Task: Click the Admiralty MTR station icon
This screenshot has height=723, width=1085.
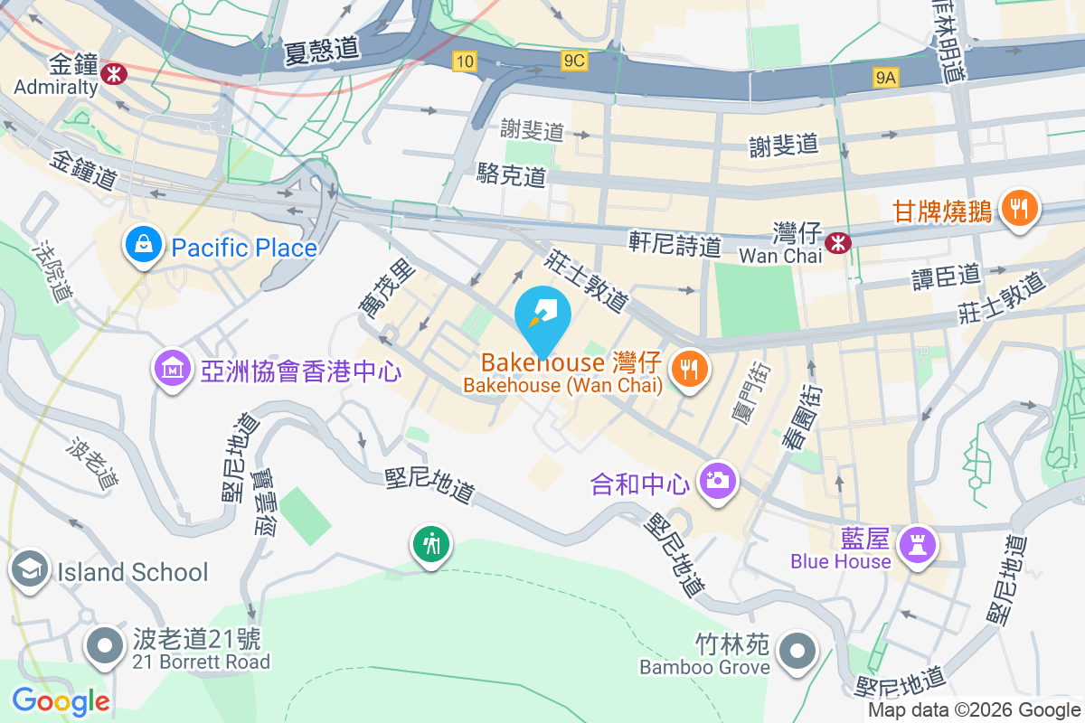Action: pos(115,73)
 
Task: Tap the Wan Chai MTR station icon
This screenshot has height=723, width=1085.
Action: pos(837,241)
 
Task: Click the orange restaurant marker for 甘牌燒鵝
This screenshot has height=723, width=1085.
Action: pos(1019,210)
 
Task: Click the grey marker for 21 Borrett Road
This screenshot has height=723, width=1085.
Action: pos(106,646)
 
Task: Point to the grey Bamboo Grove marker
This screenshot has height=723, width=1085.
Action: pos(797,651)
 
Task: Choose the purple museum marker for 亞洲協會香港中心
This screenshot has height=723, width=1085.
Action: pos(172,369)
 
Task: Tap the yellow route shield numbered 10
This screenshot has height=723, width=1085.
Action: pos(464,61)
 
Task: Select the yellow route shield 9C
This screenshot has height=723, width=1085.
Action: pos(574,61)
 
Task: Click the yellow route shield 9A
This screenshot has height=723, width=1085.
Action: pos(886,79)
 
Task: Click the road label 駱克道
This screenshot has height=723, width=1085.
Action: pos(512,175)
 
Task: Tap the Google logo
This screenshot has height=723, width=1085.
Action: pos(61,701)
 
